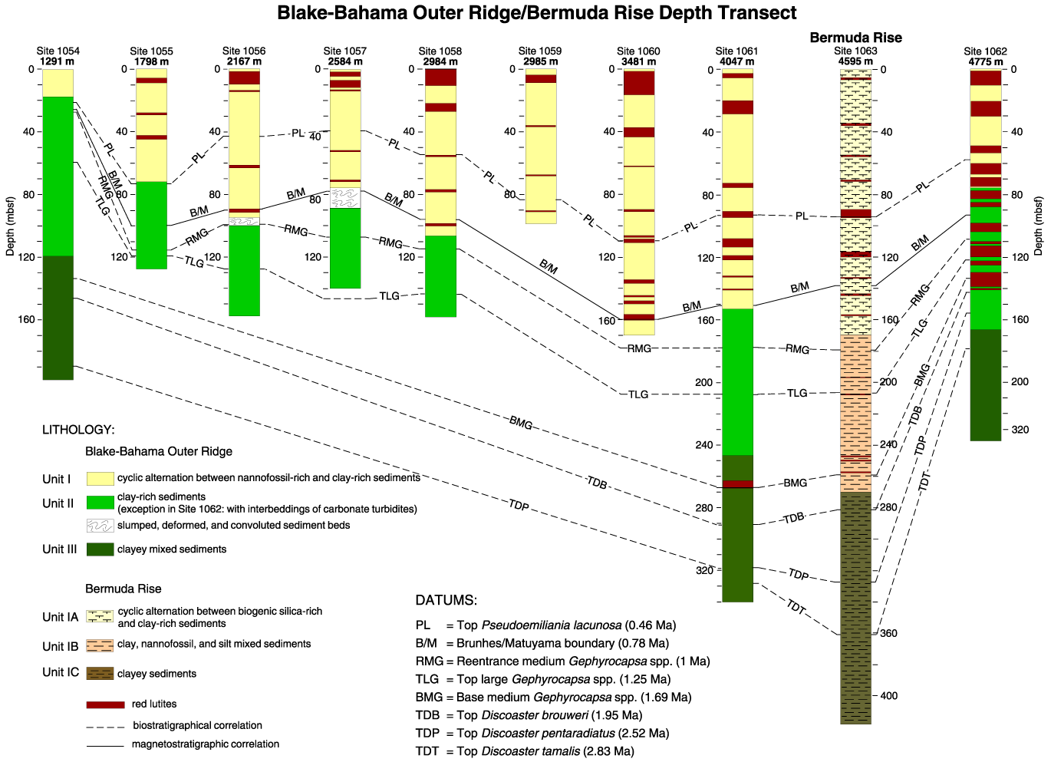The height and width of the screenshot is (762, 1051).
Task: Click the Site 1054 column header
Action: click(x=58, y=51)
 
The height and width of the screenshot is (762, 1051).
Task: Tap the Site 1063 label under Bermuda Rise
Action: click(x=855, y=51)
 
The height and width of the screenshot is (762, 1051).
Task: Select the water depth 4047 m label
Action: click(x=736, y=61)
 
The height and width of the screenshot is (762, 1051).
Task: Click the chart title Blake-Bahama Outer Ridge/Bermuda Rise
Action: click(x=536, y=13)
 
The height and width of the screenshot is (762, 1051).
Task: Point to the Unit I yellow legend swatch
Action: click(x=100, y=479)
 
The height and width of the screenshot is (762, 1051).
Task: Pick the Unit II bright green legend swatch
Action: click(x=100, y=503)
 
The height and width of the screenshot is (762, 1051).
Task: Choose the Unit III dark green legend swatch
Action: click(x=100, y=549)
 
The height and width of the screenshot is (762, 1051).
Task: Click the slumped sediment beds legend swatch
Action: click(x=100, y=526)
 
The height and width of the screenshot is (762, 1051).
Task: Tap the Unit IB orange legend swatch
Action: click(x=100, y=645)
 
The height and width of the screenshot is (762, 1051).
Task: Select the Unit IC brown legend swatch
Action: click(x=100, y=673)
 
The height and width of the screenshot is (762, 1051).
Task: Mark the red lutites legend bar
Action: click(x=106, y=704)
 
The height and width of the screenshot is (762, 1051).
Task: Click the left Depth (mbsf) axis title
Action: click(x=10, y=226)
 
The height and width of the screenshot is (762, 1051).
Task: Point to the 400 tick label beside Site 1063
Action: click(x=889, y=696)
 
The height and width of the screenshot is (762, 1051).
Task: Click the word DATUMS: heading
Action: click(x=446, y=600)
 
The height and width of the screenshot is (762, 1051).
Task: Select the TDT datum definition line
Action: click(x=525, y=751)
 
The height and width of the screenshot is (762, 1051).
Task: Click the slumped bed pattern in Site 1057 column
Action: click(x=345, y=198)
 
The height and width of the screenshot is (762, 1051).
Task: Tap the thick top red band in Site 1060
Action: click(x=639, y=83)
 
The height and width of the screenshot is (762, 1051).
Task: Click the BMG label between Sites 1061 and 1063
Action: click(x=796, y=483)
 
